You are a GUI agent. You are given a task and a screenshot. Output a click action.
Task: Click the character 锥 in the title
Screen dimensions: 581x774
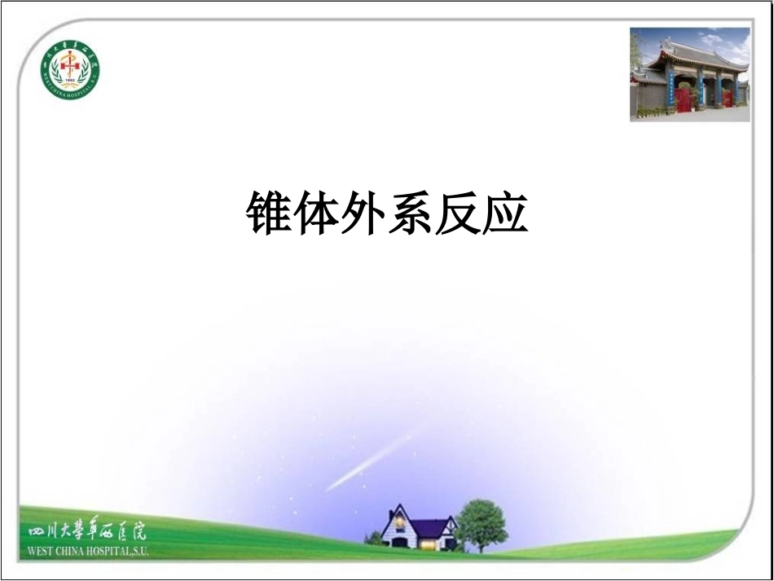270,214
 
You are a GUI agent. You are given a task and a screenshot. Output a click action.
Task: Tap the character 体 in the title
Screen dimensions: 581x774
317,214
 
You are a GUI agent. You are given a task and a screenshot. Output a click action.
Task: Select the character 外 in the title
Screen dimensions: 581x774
363,214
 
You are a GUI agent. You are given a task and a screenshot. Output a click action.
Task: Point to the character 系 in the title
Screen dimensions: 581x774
411,214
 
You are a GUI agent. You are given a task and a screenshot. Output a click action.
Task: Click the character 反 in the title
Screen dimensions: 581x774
458,214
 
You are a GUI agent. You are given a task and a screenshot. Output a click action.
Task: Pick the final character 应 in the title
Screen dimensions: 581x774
505,214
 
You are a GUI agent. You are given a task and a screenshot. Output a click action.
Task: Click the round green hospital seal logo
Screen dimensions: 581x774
70,70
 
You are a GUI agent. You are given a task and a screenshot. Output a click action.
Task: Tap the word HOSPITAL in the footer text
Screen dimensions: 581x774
114,551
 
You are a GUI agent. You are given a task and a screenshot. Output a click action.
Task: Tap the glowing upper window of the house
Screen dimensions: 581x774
400,522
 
